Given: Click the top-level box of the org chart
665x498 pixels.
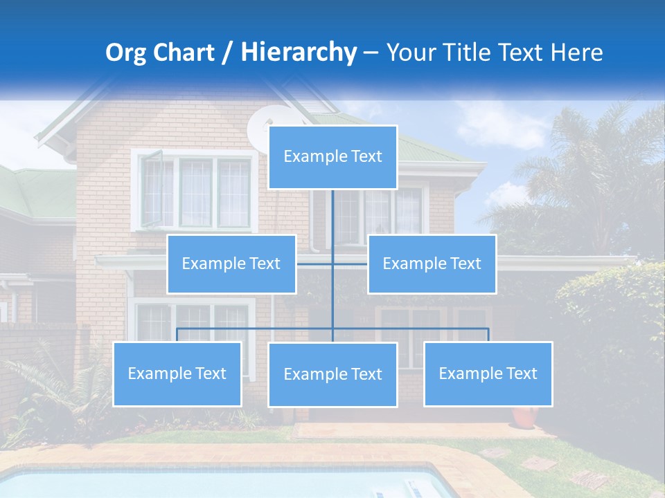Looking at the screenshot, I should pyautogui.click(x=332, y=157).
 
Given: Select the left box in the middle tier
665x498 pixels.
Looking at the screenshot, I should pyautogui.click(x=231, y=264).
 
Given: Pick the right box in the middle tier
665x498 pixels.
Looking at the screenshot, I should pyautogui.click(x=432, y=264).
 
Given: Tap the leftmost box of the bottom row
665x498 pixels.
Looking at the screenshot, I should pyautogui.click(x=177, y=373).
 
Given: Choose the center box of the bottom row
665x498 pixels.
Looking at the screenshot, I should pyautogui.click(x=332, y=374).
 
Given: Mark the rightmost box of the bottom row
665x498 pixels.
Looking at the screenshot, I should pyautogui.click(x=488, y=373).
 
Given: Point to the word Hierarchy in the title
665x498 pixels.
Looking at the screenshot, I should pyautogui.click(x=298, y=53).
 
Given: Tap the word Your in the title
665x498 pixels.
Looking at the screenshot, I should pyautogui.click(x=409, y=53).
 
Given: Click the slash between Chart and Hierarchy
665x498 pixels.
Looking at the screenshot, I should pyautogui.click(x=227, y=53).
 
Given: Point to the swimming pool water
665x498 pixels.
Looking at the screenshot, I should pyautogui.click(x=208, y=484).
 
